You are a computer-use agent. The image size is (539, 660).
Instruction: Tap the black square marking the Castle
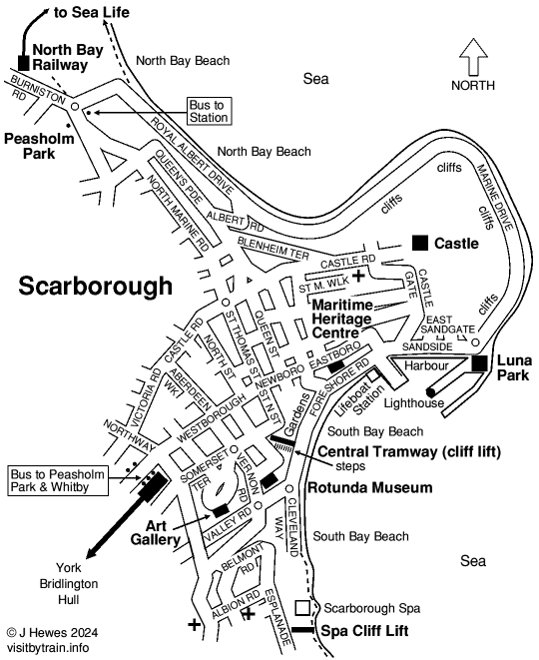pos(420,242)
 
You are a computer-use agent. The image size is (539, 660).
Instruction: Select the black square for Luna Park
pos(481,364)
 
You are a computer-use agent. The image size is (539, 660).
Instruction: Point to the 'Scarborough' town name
pos(96,287)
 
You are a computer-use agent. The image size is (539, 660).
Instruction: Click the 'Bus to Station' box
pos(210,111)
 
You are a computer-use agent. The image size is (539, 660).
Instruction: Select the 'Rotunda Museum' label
pos(369,488)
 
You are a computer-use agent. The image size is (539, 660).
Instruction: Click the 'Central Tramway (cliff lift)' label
pos(409,451)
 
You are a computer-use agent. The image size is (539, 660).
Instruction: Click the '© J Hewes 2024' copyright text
pos(52,631)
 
